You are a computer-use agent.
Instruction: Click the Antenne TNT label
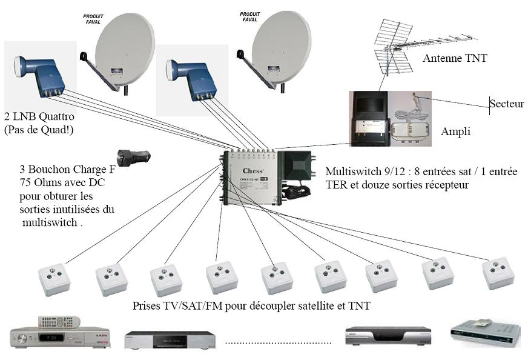pyautogui.click(x=455, y=58)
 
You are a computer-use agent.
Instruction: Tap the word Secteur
pyautogui.click(x=507, y=104)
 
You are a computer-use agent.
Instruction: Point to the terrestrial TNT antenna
pyautogui.click(x=394, y=45)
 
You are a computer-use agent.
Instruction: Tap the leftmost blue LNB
pyautogui.click(x=39, y=75)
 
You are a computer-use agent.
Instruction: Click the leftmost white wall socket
pyautogui.click(x=54, y=279)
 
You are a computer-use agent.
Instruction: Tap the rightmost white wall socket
pyautogui.click(x=498, y=273)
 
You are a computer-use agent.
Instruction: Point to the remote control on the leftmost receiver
pyautogui.click(x=59, y=321)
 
